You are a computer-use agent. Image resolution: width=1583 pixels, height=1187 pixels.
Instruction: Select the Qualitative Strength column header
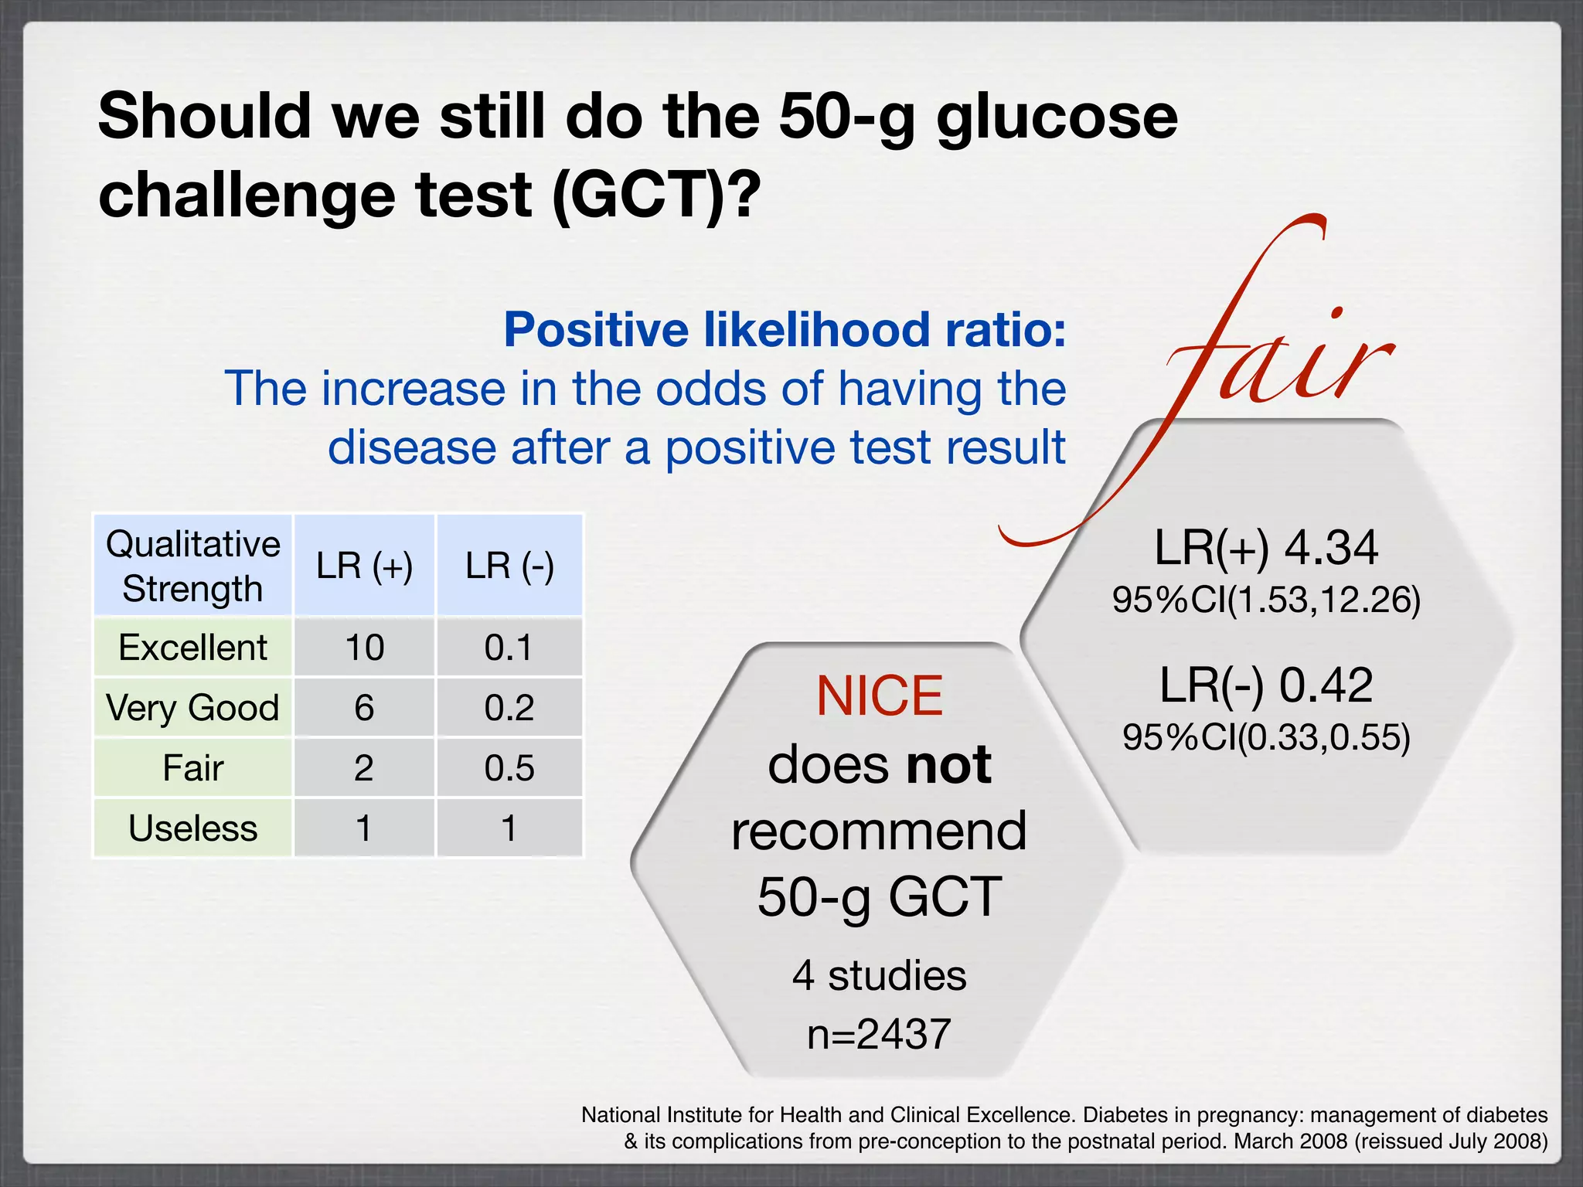pyautogui.click(x=193, y=566)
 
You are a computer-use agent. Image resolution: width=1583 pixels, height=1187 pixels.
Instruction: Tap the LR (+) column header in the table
pyautogui.click(x=364, y=566)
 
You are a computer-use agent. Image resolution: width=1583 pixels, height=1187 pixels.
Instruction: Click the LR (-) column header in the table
pyautogui.click(x=509, y=566)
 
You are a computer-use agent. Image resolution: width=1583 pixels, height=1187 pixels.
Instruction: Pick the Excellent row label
pyautogui.click(x=193, y=648)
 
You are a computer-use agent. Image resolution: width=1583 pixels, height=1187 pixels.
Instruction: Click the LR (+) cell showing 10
pyautogui.click(x=364, y=648)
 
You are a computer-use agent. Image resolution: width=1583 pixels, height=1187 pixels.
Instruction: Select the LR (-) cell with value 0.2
pyautogui.click(x=509, y=708)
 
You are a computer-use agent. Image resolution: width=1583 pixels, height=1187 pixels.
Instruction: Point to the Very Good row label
pyautogui.click(x=193, y=708)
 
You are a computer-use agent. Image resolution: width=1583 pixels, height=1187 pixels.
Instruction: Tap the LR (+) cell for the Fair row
pyautogui.click(x=364, y=768)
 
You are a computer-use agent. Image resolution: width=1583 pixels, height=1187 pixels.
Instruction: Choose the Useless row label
pyautogui.click(x=193, y=828)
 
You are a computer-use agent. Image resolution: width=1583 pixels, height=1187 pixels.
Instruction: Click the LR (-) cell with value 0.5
pyautogui.click(x=509, y=768)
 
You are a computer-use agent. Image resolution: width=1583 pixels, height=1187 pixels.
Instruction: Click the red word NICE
pyautogui.click(x=880, y=696)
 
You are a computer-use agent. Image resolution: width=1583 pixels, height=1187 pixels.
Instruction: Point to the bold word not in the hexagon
pyautogui.click(x=948, y=765)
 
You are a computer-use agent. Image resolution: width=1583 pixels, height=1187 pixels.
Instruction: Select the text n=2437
pyautogui.click(x=879, y=1034)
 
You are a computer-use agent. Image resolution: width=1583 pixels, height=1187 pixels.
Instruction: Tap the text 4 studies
pyautogui.click(x=879, y=975)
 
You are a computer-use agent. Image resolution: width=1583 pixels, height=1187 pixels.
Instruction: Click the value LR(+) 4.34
pyautogui.click(x=1266, y=548)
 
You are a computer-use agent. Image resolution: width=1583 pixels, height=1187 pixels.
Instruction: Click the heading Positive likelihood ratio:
pyautogui.click(x=785, y=330)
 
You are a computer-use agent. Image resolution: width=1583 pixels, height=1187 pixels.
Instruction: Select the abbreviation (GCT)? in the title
pyautogui.click(x=657, y=195)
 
